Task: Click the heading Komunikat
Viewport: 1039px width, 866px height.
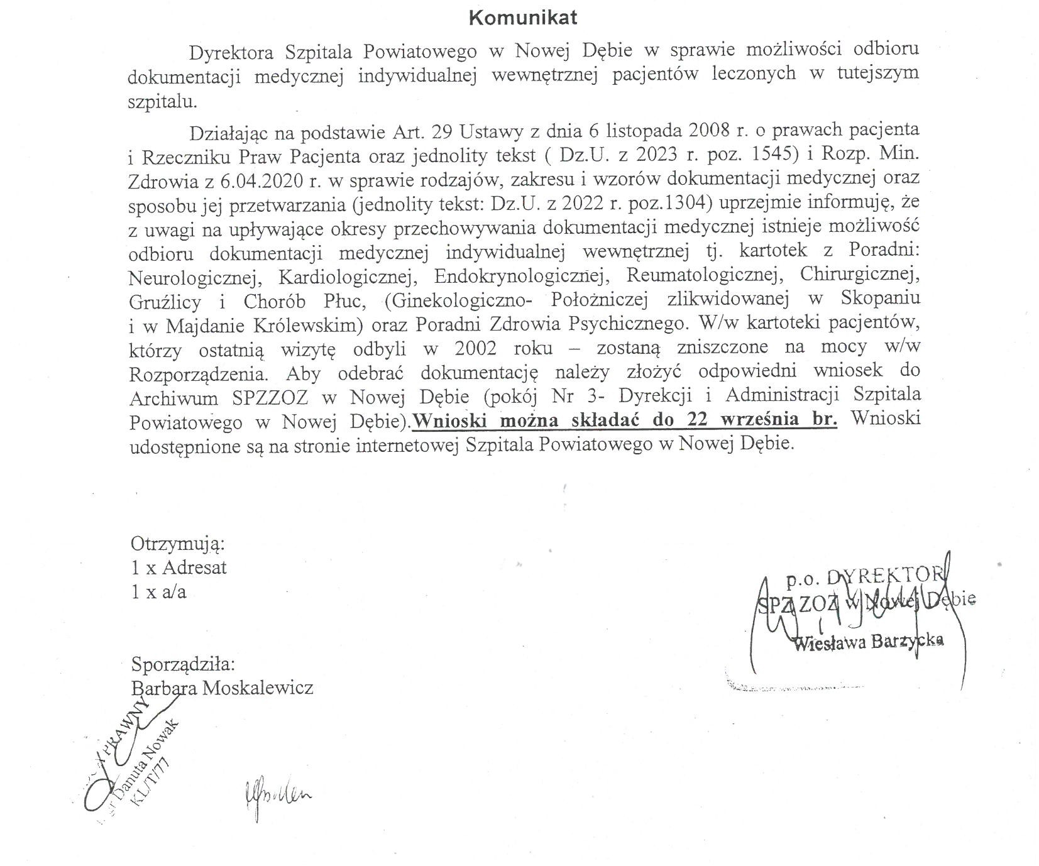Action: click(x=523, y=18)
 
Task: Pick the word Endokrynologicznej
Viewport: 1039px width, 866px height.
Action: click(x=514, y=277)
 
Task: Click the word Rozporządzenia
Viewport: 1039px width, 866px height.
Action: click(x=199, y=374)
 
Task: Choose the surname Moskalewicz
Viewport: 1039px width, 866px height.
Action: click(x=256, y=688)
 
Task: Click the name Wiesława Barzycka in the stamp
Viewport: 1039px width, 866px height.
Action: click(x=869, y=642)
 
